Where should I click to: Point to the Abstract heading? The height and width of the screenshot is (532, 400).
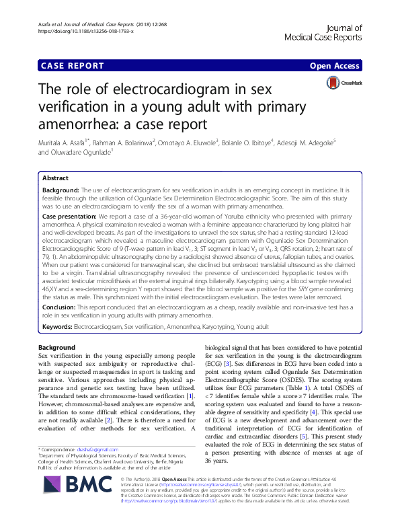click(x=56, y=178)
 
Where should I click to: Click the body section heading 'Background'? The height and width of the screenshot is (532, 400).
click(x=56, y=347)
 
